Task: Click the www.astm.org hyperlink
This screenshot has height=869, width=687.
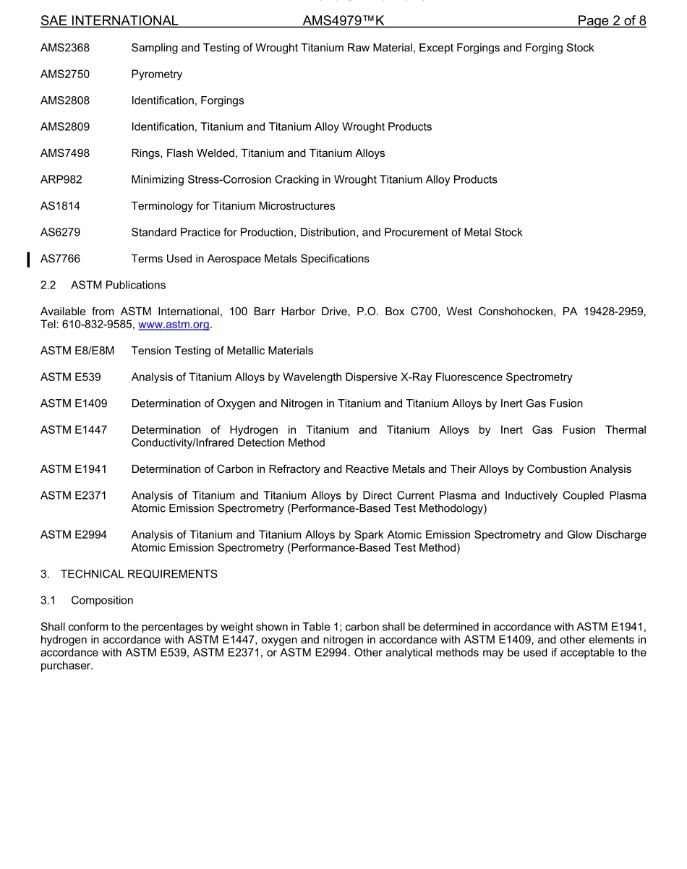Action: (x=174, y=325)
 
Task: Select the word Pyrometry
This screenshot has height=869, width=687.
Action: (x=156, y=74)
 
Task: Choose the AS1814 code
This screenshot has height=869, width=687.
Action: (x=61, y=206)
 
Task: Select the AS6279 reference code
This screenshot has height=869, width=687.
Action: (x=61, y=232)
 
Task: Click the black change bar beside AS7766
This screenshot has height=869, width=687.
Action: (x=28, y=259)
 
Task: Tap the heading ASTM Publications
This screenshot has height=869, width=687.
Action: (x=118, y=285)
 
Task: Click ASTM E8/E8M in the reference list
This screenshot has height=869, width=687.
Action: (x=77, y=351)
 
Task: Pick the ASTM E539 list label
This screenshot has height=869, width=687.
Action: (x=71, y=377)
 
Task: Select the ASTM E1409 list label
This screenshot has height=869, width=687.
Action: (x=74, y=403)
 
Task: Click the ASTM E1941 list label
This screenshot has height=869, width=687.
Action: (x=74, y=469)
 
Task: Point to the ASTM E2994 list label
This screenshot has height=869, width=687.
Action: (x=74, y=535)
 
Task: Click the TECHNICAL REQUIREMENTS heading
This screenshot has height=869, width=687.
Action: (x=139, y=574)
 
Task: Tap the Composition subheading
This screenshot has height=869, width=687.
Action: (x=102, y=600)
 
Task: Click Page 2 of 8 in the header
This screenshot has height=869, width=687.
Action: (x=611, y=21)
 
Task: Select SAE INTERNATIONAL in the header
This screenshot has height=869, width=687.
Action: (x=109, y=21)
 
